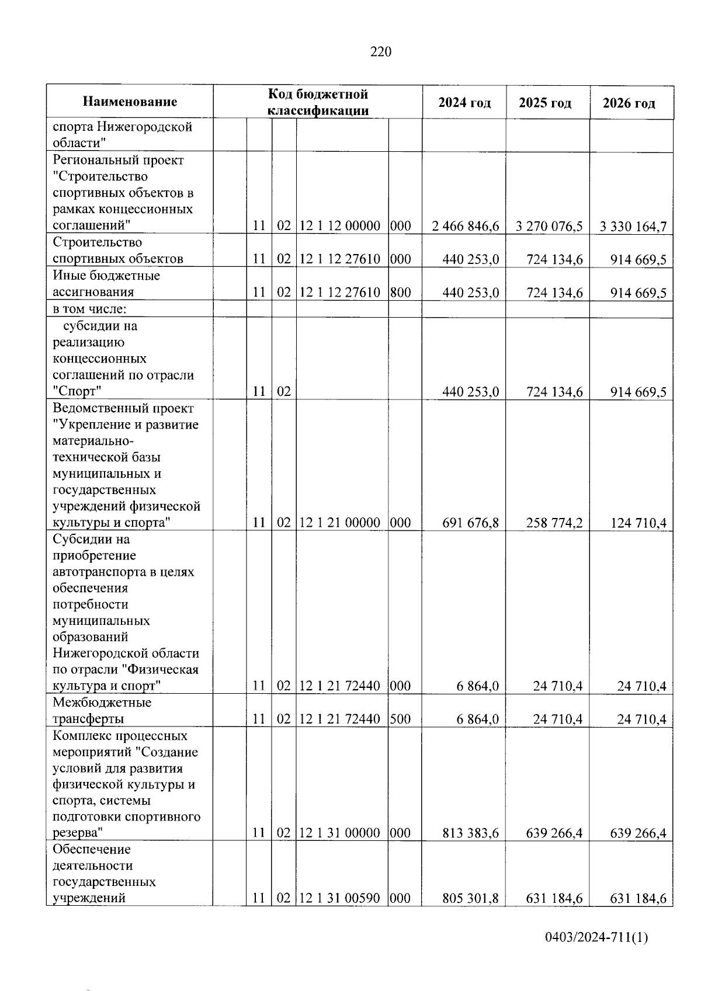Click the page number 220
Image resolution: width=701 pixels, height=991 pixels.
[x=381, y=52]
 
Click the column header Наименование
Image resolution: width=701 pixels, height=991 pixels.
[x=130, y=102]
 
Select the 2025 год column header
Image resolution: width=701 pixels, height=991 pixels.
[x=544, y=103]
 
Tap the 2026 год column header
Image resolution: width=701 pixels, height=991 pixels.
[x=629, y=103]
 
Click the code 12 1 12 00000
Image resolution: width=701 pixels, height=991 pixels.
[x=340, y=226]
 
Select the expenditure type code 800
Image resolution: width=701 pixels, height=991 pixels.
[x=400, y=293]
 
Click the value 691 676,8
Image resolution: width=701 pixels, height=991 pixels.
[x=470, y=523]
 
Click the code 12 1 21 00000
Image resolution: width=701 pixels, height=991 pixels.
[x=340, y=523]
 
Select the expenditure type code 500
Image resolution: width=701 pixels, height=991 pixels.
[x=400, y=719]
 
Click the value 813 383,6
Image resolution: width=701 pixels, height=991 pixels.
[x=470, y=833]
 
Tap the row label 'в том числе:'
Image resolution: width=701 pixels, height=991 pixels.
[x=86, y=309]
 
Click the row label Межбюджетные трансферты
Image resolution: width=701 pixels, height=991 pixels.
[x=102, y=710]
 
